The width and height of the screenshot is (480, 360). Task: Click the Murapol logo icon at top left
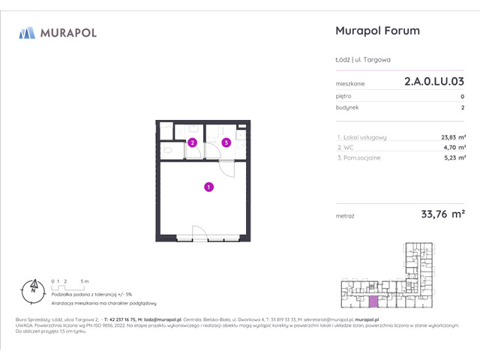coord(28,32)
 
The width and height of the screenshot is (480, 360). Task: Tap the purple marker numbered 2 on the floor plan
coord(193,142)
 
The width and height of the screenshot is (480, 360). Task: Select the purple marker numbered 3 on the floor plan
coord(226,142)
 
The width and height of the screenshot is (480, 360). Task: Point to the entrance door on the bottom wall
coord(200,235)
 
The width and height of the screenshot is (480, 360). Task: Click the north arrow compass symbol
coord(32,287)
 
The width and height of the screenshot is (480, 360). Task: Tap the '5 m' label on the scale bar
coord(85,280)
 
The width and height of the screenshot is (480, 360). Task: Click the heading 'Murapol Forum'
coord(376,31)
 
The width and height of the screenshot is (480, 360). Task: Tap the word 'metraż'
coord(346,216)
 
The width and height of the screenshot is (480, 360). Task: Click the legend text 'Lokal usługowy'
coord(365,136)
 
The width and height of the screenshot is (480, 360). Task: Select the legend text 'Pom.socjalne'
coord(363,157)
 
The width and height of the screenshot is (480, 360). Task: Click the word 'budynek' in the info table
coord(348,107)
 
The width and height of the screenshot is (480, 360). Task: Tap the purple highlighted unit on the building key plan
coord(373,301)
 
